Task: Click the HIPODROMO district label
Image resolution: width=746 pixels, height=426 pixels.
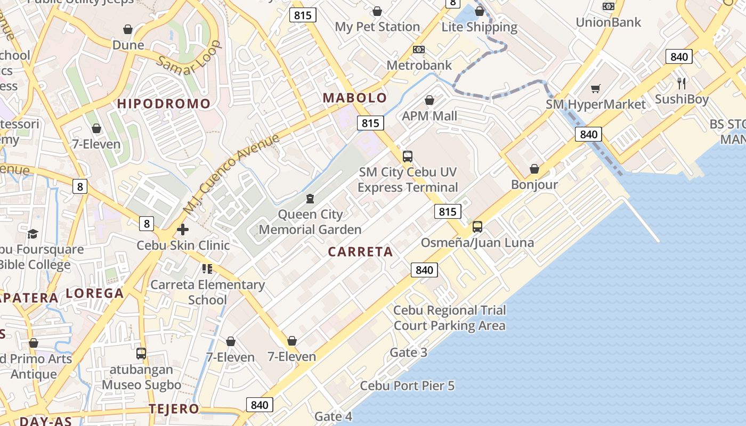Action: pos(164,103)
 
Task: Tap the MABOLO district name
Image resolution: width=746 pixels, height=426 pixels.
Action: pos(355,97)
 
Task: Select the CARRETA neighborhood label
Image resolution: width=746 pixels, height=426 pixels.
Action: pos(360,252)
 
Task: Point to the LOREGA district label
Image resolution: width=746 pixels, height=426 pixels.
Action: pos(95,293)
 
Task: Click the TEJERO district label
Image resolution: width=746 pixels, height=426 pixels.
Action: pos(174,409)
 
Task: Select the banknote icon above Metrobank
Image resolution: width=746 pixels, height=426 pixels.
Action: pos(419,50)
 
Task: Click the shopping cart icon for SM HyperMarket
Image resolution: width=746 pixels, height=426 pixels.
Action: pos(595,88)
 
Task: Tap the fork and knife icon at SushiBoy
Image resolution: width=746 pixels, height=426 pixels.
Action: pos(681,83)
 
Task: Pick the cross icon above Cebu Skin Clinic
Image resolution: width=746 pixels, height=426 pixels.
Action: pos(183,230)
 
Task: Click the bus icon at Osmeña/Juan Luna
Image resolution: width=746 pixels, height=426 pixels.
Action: pos(477,227)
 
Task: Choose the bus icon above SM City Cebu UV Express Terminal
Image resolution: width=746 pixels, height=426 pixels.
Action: pos(408,157)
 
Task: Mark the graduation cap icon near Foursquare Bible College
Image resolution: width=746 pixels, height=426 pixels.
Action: pos(33,234)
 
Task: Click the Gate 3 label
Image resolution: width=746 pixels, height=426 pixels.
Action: pos(409,352)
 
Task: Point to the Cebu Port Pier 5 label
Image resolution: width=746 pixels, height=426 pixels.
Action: pos(407,386)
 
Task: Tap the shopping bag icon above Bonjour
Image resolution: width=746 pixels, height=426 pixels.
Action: pos(534,169)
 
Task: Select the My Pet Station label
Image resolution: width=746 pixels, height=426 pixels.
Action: pos(377,27)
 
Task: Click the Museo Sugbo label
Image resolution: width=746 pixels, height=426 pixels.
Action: pos(142,384)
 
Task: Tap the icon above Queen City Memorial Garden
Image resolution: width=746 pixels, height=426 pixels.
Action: pos(310,199)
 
